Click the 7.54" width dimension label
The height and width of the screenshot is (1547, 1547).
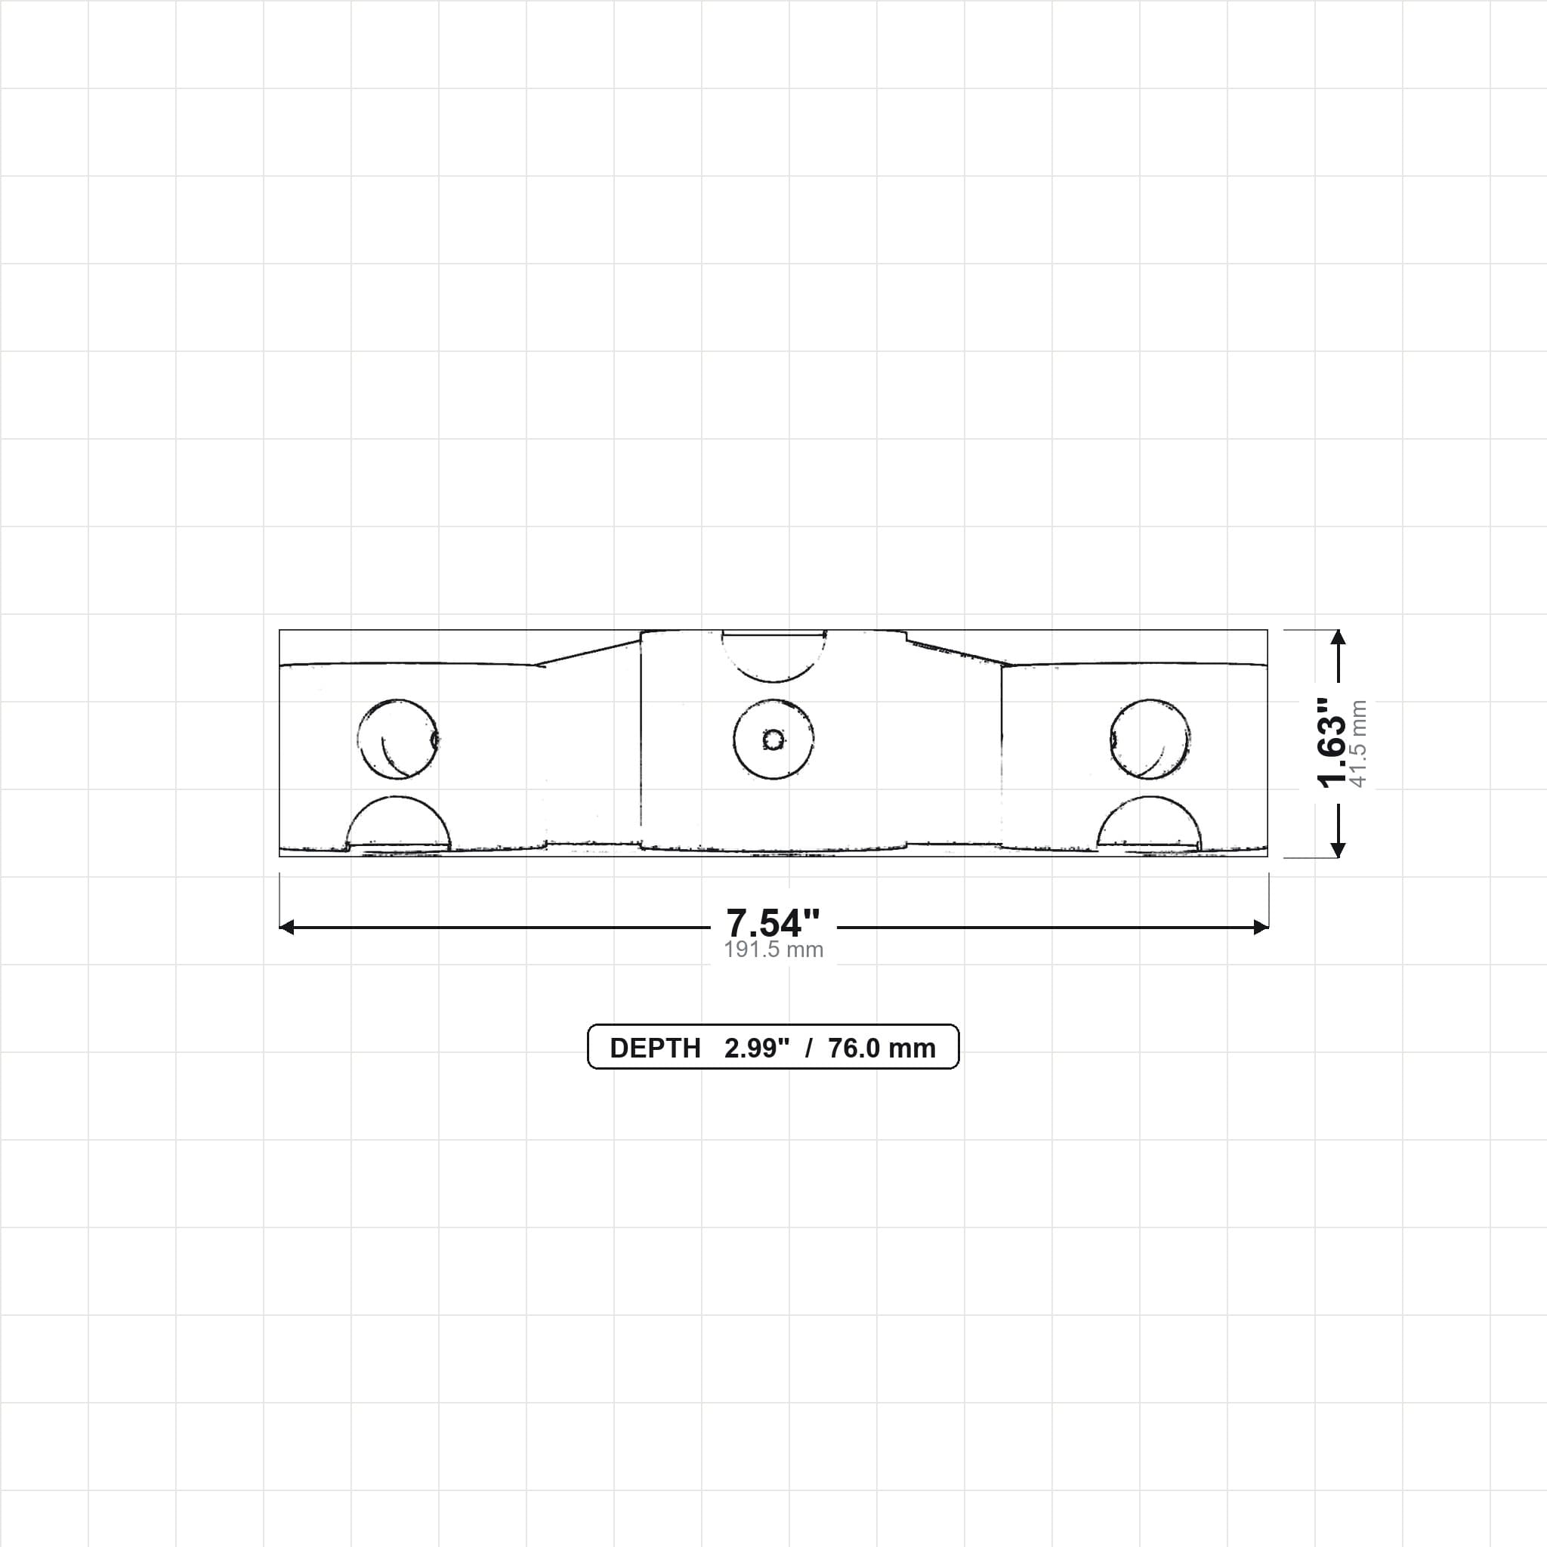pos(773,923)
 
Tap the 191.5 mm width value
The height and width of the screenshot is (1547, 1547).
pos(773,950)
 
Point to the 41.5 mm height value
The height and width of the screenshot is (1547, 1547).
pos(1359,743)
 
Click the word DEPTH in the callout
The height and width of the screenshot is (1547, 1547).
pos(655,1048)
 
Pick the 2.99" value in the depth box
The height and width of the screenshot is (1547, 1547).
pos(757,1048)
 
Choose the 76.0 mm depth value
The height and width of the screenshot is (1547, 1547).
pos(882,1048)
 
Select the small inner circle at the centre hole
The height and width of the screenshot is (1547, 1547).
pos(773,739)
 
